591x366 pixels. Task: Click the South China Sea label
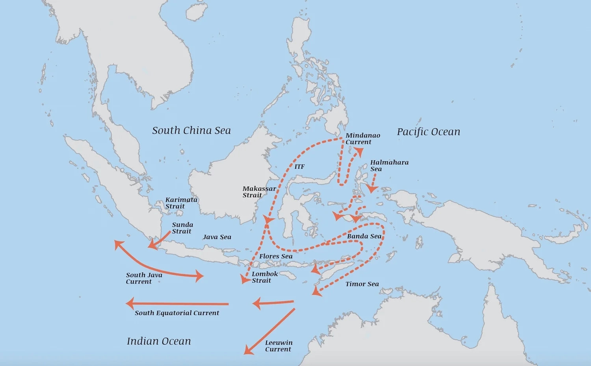coord(191,131)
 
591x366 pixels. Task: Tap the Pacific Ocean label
coord(428,132)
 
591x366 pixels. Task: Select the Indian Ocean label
coord(159,341)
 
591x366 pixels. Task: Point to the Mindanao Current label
coord(362,139)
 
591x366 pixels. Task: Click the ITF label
coord(299,167)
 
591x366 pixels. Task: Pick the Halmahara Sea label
coord(389,166)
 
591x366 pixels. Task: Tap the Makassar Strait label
coord(259,192)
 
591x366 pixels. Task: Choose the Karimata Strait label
coord(181,203)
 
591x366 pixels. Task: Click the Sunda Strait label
coord(182,228)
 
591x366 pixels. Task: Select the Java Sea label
coord(217,237)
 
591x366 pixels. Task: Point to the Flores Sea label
coord(276,256)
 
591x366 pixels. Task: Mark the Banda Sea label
coord(364,236)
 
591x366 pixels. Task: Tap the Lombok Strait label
coord(264,277)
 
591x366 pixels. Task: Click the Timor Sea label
coord(362,284)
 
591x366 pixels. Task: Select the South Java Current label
coord(144,278)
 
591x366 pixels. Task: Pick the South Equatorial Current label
coord(177,313)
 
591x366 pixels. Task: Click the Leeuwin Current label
coord(279,346)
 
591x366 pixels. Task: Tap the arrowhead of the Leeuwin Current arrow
coord(248,350)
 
